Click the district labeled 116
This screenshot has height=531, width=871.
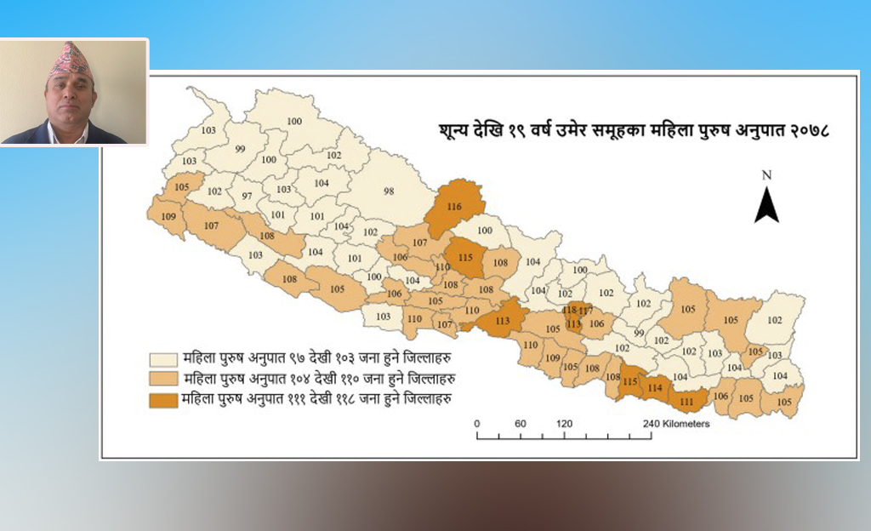454,207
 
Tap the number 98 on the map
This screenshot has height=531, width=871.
389,191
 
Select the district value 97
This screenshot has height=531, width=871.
248,197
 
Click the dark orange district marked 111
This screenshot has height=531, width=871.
686,401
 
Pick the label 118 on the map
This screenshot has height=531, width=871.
570,310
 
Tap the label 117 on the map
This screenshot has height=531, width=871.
585,311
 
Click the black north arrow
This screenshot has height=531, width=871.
766,205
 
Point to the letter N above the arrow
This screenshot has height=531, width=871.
766,175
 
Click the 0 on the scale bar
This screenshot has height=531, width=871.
477,424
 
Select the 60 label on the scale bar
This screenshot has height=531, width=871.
520,424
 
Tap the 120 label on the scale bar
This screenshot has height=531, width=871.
564,424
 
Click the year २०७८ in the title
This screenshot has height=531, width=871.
810,133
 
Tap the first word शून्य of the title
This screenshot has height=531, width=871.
447,133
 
